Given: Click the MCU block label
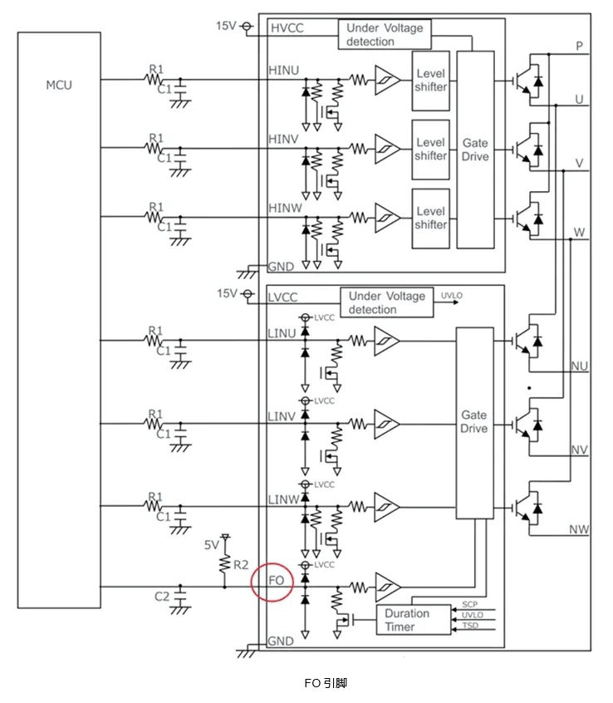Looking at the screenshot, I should [x=59, y=85].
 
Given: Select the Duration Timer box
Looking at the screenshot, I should [x=407, y=620].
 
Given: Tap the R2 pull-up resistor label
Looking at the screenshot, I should [x=240, y=565].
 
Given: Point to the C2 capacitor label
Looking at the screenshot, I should [x=162, y=597].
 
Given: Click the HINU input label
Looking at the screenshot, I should [x=284, y=73].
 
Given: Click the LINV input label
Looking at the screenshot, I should [x=283, y=415].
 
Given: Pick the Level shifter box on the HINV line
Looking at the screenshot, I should [x=430, y=150].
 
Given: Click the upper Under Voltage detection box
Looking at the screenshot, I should [x=385, y=35].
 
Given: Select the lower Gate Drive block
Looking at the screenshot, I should [x=473, y=421].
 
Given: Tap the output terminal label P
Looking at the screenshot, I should [x=579, y=47].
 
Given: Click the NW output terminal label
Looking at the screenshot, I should [x=579, y=529].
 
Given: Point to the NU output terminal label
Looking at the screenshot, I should [x=579, y=366].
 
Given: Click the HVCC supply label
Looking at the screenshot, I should [x=287, y=29].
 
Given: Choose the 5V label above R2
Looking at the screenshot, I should [x=213, y=546].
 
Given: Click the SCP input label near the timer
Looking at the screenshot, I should [x=469, y=604].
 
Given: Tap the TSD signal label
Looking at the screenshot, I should [x=469, y=625].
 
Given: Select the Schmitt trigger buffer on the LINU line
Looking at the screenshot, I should [x=385, y=340].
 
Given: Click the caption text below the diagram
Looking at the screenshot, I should [x=325, y=683].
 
